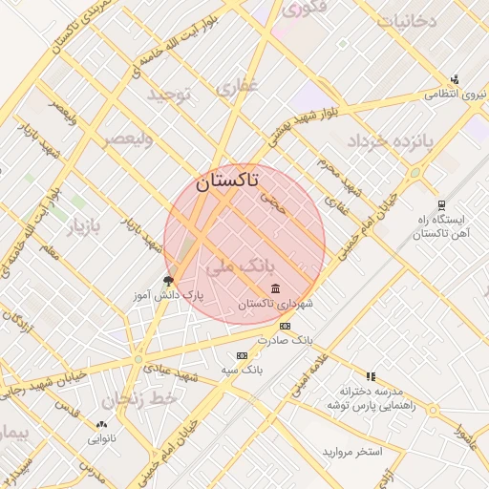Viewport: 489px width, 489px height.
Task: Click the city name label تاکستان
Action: point(226,182)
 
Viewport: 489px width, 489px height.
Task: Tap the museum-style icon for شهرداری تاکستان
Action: point(276,288)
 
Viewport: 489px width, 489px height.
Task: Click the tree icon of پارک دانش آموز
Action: point(169,281)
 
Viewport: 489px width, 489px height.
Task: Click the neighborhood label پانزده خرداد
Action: point(390,141)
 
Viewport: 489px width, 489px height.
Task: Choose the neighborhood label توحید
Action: point(169,95)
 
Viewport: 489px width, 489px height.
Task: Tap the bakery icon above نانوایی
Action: point(101,424)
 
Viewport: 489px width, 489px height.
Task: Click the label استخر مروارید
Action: point(351,450)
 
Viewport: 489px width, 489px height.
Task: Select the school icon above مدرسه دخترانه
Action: point(371,377)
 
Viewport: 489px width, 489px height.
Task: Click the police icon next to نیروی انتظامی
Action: point(455,80)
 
